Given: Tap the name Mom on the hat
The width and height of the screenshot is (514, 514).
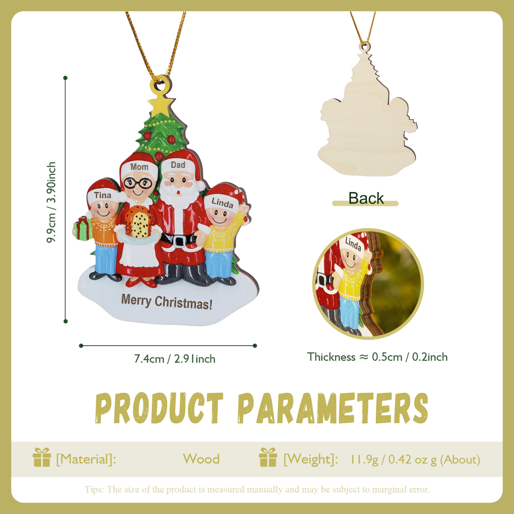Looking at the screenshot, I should (139, 167).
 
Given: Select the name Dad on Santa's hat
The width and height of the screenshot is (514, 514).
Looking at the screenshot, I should (178, 165).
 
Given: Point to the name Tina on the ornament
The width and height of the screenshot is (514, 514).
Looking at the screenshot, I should (102, 195).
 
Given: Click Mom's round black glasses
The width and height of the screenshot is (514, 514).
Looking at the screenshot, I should (138, 183).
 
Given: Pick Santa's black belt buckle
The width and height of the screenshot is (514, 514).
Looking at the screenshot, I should (179, 241).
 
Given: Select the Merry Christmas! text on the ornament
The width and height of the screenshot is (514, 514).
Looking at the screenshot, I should (166, 302).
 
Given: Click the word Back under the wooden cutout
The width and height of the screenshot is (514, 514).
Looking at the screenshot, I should (366, 198).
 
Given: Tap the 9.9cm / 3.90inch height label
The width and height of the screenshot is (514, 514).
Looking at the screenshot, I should (52, 202).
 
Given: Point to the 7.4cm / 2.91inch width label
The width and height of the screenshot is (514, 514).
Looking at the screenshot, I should (175, 359).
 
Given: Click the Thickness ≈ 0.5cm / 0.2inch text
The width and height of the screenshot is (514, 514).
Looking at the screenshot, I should (377, 357).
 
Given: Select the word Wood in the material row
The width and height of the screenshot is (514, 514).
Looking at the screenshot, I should (201, 459).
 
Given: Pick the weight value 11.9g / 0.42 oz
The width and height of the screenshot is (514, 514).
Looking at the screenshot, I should (393, 459).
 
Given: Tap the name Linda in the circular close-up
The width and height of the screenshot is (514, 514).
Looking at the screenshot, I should (353, 244).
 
